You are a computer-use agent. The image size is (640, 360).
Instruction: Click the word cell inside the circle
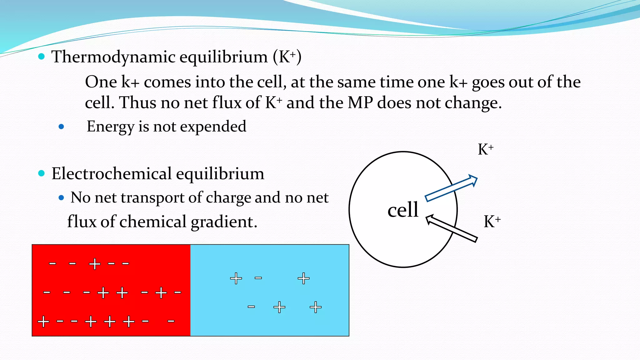point(402,210)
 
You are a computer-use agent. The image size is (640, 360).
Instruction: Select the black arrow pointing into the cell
point(452,228)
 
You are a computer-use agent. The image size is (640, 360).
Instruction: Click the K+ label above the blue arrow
point(485,149)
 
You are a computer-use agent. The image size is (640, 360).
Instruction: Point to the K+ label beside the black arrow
point(492,222)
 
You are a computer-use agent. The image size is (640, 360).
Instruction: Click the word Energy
point(110,127)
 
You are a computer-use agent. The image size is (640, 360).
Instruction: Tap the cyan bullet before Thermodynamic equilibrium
point(41,57)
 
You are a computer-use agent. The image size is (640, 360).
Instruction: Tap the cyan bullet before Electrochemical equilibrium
point(41,173)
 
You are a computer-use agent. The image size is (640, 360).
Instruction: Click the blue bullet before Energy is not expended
point(61,127)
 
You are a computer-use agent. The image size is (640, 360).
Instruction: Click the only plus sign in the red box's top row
point(95,264)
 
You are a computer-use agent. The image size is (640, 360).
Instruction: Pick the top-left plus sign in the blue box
point(236,278)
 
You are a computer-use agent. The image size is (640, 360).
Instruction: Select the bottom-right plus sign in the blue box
point(316,307)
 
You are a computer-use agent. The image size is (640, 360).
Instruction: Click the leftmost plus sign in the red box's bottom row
point(43,321)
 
